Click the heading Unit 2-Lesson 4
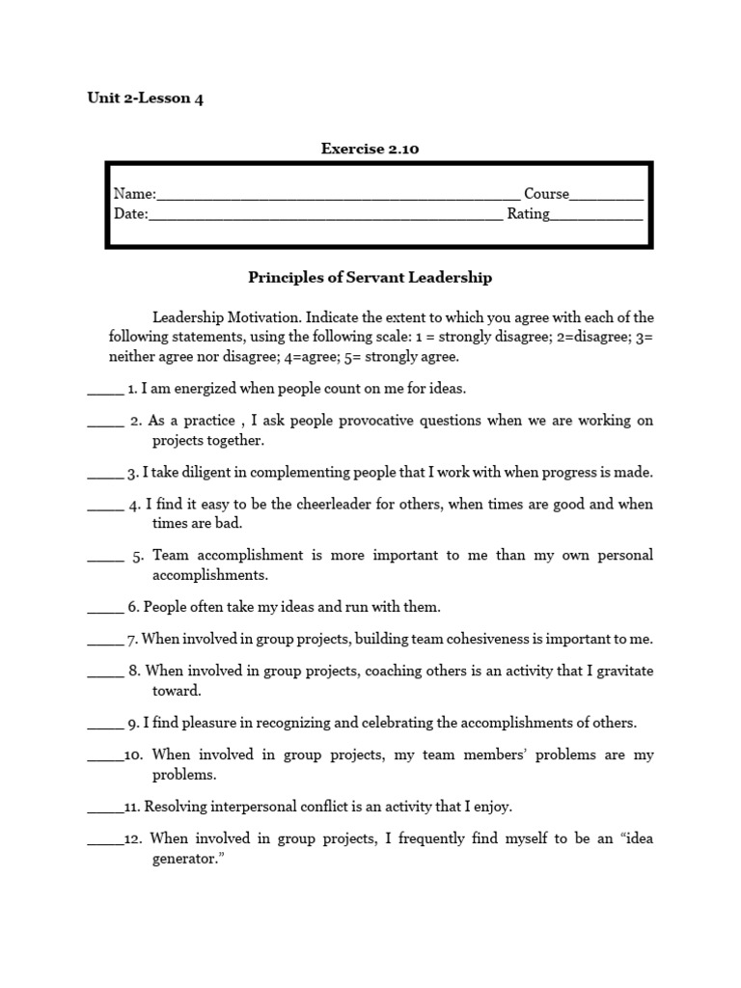(x=146, y=98)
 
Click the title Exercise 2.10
(x=370, y=149)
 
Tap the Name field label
(x=134, y=194)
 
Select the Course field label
(x=546, y=194)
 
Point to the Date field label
(x=130, y=214)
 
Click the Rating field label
(x=528, y=214)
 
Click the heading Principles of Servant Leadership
(x=370, y=278)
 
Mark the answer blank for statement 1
(x=105, y=390)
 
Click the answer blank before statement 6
(x=105, y=608)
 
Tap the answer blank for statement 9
(x=105, y=723)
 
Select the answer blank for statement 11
(x=105, y=807)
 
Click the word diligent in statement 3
(x=208, y=473)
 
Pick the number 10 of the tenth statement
(x=133, y=755)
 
